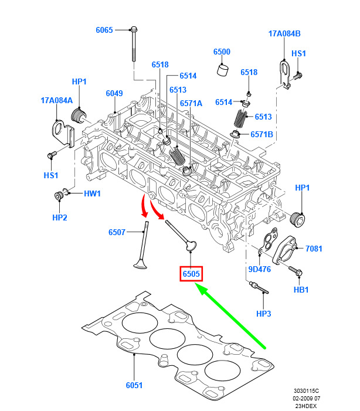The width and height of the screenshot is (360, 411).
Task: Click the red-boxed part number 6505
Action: pos(191,274)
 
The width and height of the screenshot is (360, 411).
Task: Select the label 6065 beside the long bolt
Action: pos(104,30)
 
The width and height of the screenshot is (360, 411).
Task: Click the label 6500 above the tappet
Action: pos(222,52)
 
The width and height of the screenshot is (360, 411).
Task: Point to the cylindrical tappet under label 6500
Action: pos(222,70)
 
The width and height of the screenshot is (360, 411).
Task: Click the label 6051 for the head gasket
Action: pos(134,385)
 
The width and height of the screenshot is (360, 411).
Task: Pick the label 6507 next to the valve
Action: pos(117,233)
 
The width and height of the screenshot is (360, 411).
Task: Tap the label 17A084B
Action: pos(284,33)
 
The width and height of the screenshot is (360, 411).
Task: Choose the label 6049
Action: pos(114,94)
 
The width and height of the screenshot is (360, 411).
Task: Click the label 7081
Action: pos(314,249)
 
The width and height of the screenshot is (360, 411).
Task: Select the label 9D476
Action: pos(259,270)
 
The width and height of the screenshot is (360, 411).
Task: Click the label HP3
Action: pos(264,314)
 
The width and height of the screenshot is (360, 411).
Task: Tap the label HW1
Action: pos(93,193)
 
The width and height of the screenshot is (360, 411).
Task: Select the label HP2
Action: pos(59,218)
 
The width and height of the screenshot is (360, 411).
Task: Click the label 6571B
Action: pos(262,134)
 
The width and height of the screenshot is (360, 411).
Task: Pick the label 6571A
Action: pos(191,103)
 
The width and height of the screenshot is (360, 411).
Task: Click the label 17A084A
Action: pos(56,100)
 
